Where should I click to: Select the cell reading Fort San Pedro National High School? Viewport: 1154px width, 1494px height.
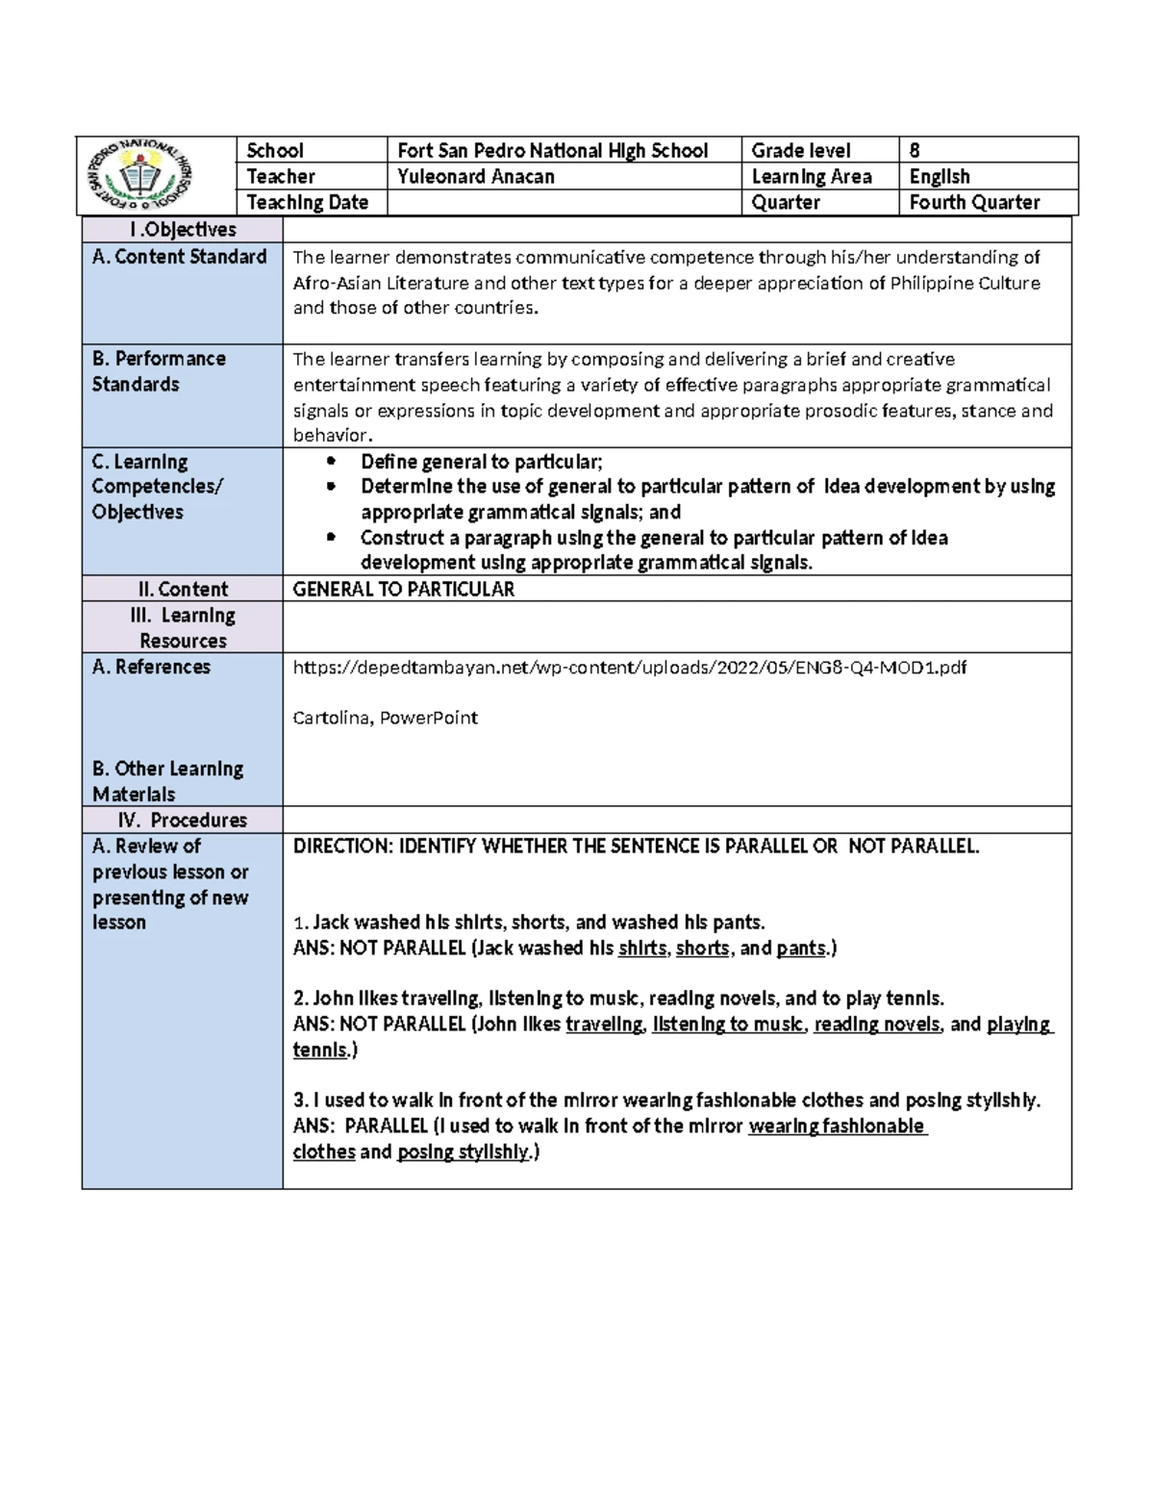[552, 151]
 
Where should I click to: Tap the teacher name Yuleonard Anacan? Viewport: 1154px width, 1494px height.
[476, 177]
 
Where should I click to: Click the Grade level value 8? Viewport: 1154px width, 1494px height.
[915, 151]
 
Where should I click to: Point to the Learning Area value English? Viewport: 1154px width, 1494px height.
[940, 177]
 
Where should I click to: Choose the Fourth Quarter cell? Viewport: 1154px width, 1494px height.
[974, 203]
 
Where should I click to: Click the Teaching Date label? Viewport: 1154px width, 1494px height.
[307, 203]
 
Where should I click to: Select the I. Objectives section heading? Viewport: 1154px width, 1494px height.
[182, 230]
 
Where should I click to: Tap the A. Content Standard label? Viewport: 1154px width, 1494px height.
[180, 257]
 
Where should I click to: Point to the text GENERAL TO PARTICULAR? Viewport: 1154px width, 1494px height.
[403, 590]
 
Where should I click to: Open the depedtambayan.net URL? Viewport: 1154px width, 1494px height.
[629, 668]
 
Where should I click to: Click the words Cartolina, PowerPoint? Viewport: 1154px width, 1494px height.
[385, 719]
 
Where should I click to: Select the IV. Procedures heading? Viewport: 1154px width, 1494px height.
[182, 821]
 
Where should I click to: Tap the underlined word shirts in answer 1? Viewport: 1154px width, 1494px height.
[641, 949]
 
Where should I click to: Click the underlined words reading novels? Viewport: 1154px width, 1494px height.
[876, 1025]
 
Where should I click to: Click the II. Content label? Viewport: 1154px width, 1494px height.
[183, 590]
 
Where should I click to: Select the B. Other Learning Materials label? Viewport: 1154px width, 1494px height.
[167, 781]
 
